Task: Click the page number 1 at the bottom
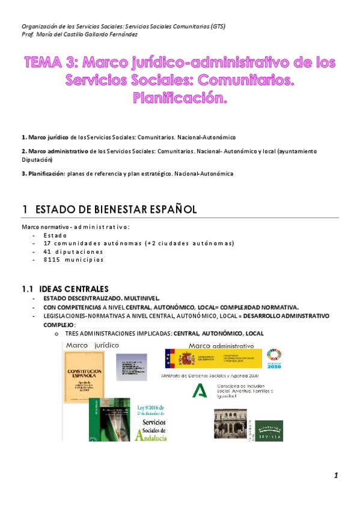337,476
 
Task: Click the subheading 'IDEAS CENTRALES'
75,289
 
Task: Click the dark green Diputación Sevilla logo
268,430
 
